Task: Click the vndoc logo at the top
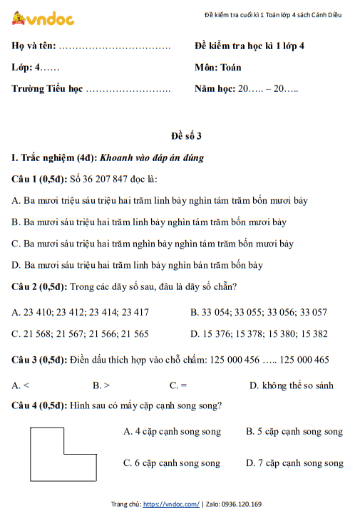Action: [x=43, y=19]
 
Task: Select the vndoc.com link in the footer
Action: [x=171, y=504]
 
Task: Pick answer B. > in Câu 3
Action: [x=101, y=385]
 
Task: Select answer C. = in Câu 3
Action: [x=178, y=385]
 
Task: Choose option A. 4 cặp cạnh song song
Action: [x=172, y=431]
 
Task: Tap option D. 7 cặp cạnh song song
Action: [x=294, y=463]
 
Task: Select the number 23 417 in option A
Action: [x=135, y=311]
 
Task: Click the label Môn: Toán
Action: [x=217, y=68]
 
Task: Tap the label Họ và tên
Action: [x=34, y=46]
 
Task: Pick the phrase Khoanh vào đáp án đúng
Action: [x=152, y=157]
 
